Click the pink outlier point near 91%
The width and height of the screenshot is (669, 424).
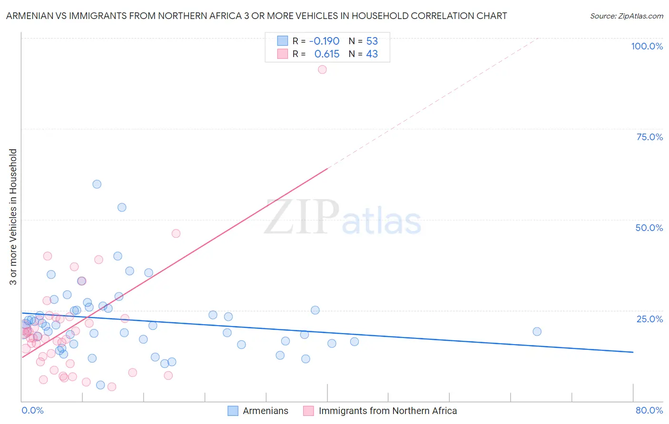point(322,69)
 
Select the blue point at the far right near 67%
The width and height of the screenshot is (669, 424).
point(537,331)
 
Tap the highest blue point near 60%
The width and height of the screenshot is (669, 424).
point(97,184)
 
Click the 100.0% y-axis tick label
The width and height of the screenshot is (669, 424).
point(647,46)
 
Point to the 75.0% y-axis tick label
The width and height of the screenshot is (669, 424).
point(649,137)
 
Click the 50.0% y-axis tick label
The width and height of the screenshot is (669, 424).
point(649,228)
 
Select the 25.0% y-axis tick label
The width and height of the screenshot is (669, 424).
point(649,318)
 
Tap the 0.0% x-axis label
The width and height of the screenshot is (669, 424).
point(32,410)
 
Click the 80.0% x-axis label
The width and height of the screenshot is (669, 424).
point(649,410)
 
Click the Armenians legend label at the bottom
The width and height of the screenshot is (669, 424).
point(265,411)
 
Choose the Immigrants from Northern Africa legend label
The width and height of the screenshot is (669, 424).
point(387,411)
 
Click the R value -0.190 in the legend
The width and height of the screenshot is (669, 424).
point(324,41)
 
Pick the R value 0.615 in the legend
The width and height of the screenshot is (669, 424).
point(327,54)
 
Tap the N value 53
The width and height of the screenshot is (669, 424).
point(372,41)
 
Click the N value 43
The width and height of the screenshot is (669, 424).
point(372,54)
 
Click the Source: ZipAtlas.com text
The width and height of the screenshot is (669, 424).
point(626,16)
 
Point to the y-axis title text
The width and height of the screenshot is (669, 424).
point(13,217)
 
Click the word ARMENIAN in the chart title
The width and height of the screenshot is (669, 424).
point(28,16)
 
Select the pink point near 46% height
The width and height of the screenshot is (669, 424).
point(176,233)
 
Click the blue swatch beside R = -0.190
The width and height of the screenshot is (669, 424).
point(283,41)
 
